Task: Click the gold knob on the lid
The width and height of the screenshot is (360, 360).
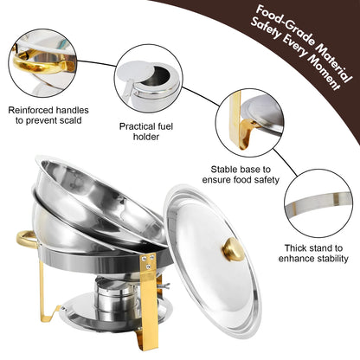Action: point(234,249)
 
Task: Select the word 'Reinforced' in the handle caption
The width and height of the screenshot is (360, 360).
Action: point(33,111)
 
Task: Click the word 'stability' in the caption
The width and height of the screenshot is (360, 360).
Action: point(314,258)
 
